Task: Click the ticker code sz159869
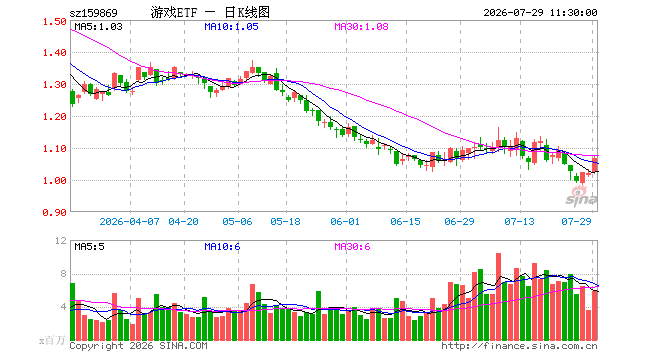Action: [x=93, y=13]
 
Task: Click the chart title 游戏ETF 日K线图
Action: [x=210, y=13]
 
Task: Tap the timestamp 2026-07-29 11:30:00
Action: [x=540, y=13]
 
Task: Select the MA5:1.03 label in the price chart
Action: [x=98, y=27]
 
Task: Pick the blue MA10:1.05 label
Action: [x=231, y=27]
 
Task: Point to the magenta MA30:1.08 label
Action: [x=361, y=27]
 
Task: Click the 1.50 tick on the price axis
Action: [x=55, y=21]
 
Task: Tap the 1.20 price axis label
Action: [x=55, y=117]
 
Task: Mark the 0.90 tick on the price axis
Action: [x=55, y=213]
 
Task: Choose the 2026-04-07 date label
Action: [x=129, y=221]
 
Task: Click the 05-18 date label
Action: [x=285, y=221]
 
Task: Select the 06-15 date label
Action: [x=405, y=221]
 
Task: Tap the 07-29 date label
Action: [x=576, y=221]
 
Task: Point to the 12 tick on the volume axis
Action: [x=61, y=241]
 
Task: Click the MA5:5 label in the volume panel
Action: [x=89, y=246]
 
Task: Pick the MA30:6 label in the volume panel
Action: [x=352, y=246]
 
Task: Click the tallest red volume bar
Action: [x=498, y=297]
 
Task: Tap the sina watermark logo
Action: [x=581, y=197]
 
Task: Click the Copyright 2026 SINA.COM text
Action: [x=138, y=346]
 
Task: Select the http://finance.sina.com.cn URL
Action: [x=519, y=346]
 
